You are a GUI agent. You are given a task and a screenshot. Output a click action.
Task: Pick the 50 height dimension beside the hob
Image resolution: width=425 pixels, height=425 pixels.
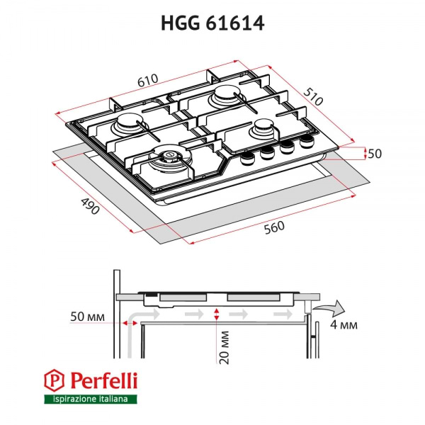tap(375, 154)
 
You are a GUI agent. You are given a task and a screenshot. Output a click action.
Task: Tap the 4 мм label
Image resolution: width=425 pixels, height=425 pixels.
tap(344, 325)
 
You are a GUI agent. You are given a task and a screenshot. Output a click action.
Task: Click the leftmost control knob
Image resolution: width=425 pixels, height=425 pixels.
tap(249, 159)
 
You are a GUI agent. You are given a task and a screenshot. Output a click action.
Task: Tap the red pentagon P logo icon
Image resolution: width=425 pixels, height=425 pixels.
tap(53, 381)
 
